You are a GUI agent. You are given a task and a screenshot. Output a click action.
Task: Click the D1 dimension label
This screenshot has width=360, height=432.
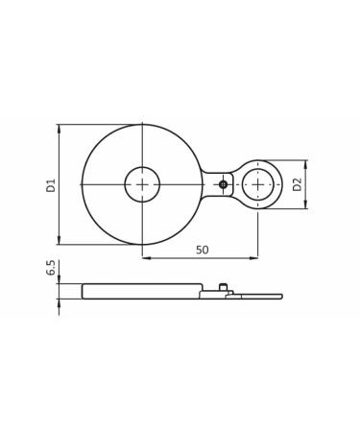pyautogui.click(x=51, y=184)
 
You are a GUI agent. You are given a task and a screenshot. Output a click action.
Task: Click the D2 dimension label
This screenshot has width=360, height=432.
pyautogui.click(x=298, y=183)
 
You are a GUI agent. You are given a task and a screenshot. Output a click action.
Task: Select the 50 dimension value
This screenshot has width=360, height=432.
pyautogui.click(x=202, y=250)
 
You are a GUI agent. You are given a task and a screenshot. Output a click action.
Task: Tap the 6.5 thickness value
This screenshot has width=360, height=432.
pyautogui.click(x=51, y=270)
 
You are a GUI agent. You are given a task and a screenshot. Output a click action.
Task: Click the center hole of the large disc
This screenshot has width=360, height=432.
pyautogui.click(x=142, y=184)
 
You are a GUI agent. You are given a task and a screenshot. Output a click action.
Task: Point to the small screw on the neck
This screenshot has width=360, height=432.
pyautogui.click(x=223, y=184)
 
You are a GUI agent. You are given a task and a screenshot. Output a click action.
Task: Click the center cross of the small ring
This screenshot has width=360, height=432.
pyautogui.click(x=257, y=184)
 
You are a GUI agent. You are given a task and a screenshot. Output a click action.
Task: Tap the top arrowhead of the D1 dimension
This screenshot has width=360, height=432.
pyautogui.click(x=60, y=128)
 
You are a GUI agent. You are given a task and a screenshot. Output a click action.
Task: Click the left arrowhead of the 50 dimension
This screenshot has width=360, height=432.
pyautogui.click(x=146, y=257)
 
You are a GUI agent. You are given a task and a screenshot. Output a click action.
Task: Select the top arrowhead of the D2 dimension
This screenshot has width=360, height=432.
pyautogui.click(x=307, y=163)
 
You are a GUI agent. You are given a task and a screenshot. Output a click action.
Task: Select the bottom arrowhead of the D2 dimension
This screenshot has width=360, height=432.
pyautogui.click(x=307, y=205)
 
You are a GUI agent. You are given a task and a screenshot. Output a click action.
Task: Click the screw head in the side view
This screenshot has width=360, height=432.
pyautogui.click(x=223, y=286)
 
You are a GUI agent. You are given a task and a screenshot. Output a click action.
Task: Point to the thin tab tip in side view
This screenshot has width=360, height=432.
pyautogui.click(x=279, y=297)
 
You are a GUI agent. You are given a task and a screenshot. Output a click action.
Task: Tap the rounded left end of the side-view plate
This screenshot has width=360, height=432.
pyautogui.click(x=84, y=291)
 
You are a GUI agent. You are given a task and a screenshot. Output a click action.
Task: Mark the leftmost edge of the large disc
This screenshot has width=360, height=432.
pyautogui.click(x=83, y=184)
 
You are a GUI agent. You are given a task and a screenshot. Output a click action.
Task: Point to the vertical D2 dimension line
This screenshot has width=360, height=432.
pyautogui.click(x=307, y=184)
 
